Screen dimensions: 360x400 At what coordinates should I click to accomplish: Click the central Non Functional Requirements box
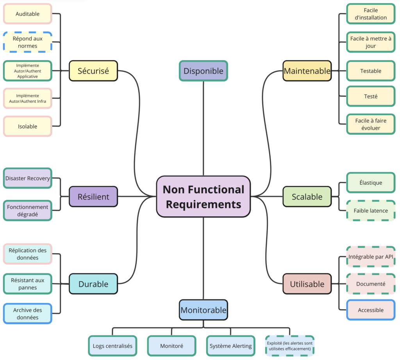pyautogui.click(x=203, y=196)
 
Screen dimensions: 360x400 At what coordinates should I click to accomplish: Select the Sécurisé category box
pyautogui.click(x=93, y=71)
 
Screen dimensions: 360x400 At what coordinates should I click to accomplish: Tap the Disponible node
pyautogui.click(x=203, y=71)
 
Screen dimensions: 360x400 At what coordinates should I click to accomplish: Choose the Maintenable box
pyautogui.click(x=307, y=71)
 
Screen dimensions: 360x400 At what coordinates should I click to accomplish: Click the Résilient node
pyautogui.click(x=93, y=196)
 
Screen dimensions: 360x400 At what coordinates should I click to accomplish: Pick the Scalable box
pyautogui.click(x=307, y=197)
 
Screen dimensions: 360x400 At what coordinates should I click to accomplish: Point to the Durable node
pyautogui.click(x=93, y=284)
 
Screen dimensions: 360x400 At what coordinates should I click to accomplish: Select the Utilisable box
pyautogui.click(x=307, y=284)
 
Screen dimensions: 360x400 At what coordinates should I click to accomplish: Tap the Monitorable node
pyautogui.click(x=203, y=310)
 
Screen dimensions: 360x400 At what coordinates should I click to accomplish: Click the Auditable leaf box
pyautogui.click(x=27, y=14)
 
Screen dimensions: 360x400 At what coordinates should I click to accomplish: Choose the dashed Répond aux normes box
pyautogui.click(x=27, y=42)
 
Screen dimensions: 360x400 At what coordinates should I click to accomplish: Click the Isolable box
pyautogui.click(x=27, y=126)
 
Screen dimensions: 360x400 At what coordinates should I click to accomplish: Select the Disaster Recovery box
pyautogui.click(x=27, y=178)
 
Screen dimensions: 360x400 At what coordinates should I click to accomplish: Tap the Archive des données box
pyautogui.click(x=27, y=314)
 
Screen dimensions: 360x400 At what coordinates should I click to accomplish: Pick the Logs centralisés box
pyautogui.click(x=112, y=346)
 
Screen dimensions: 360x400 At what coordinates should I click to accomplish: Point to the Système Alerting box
pyautogui.click(x=230, y=346)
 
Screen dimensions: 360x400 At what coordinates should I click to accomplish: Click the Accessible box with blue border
pyautogui.click(x=371, y=310)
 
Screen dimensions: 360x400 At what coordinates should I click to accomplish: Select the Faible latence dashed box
pyautogui.click(x=371, y=210)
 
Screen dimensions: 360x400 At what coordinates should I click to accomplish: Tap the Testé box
pyautogui.click(x=371, y=96)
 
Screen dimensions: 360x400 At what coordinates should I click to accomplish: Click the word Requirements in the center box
pyautogui.click(x=203, y=204)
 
